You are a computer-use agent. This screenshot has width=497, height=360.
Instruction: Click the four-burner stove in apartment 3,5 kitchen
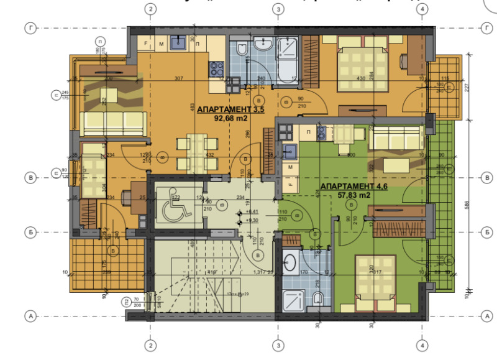coord(217,67)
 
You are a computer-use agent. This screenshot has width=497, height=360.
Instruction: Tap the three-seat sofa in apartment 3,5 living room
coord(111,124)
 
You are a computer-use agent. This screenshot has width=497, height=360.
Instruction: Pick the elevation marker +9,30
coord(252,220)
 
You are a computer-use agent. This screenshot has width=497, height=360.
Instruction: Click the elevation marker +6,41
coord(252,211)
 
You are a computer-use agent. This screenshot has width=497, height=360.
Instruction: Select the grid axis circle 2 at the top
coord(149,9)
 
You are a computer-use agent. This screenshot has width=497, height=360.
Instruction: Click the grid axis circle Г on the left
coord(29,28)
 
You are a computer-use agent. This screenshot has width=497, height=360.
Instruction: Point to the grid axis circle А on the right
coord(485,316)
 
